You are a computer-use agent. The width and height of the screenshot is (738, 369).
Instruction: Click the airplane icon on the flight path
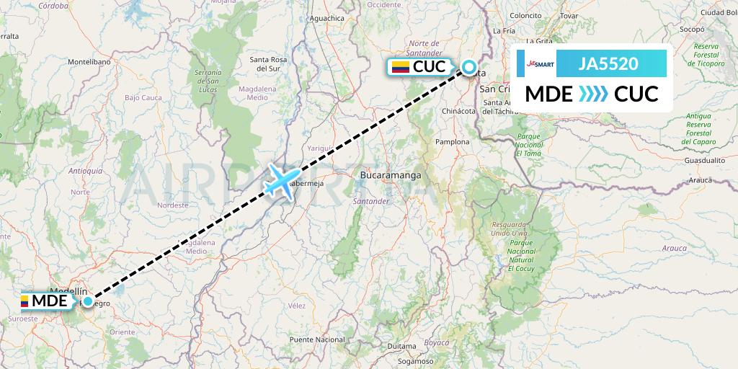pyautogui.click(x=282, y=180)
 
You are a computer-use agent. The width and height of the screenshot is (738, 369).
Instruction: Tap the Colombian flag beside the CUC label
pyautogui.click(x=400, y=67)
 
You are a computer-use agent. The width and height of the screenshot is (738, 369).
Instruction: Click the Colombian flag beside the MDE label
pyautogui.click(x=25, y=301)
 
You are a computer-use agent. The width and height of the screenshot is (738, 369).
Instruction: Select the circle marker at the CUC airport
pyautogui.click(x=469, y=67)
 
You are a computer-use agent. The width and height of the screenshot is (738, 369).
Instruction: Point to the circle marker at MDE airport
pyautogui.click(x=87, y=301)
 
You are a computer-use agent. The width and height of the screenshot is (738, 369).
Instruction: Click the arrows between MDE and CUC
pyautogui.click(x=593, y=94)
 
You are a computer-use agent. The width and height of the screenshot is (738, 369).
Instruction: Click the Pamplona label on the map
pyautogui.click(x=452, y=142)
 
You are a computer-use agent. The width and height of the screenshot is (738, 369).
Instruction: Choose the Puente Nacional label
pyautogui.click(x=316, y=339)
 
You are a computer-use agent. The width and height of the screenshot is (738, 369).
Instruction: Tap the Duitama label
pyautogui.click(x=402, y=346)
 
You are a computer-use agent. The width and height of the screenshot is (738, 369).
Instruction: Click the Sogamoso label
pyautogui.click(x=416, y=361)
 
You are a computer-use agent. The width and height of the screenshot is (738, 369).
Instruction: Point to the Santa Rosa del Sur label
pyautogui.click(x=269, y=63)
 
